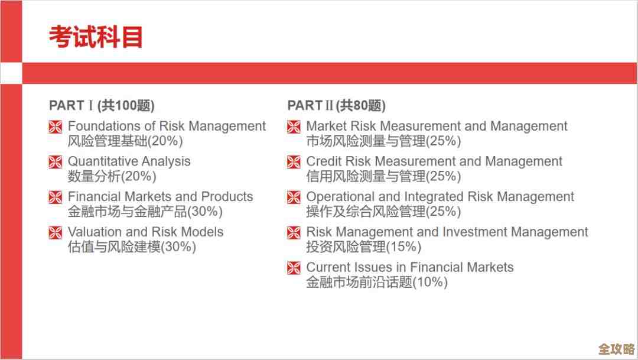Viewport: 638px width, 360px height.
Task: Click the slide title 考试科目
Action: [x=96, y=37]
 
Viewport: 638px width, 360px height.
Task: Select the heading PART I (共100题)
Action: [x=102, y=105]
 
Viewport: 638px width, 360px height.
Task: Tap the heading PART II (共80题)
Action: [x=337, y=105]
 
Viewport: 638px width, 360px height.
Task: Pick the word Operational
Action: [x=341, y=197]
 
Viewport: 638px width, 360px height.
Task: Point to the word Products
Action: [x=227, y=196]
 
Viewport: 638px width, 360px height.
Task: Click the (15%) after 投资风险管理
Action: [x=403, y=247]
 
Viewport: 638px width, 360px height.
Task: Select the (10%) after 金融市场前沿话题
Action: [x=430, y=282]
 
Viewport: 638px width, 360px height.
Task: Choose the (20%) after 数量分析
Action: [x=139, y=176]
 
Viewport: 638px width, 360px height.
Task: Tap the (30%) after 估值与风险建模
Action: [x=178, y=247]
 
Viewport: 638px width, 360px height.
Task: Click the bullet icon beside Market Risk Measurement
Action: [x=294, y=127]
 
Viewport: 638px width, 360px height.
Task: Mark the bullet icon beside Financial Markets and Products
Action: [x=56, y=197]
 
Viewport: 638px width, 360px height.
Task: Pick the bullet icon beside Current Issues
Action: [x=294, y=268]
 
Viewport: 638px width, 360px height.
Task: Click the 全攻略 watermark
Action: [x=616, y=349]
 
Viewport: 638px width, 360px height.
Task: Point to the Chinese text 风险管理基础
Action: [x=108, y=141]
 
